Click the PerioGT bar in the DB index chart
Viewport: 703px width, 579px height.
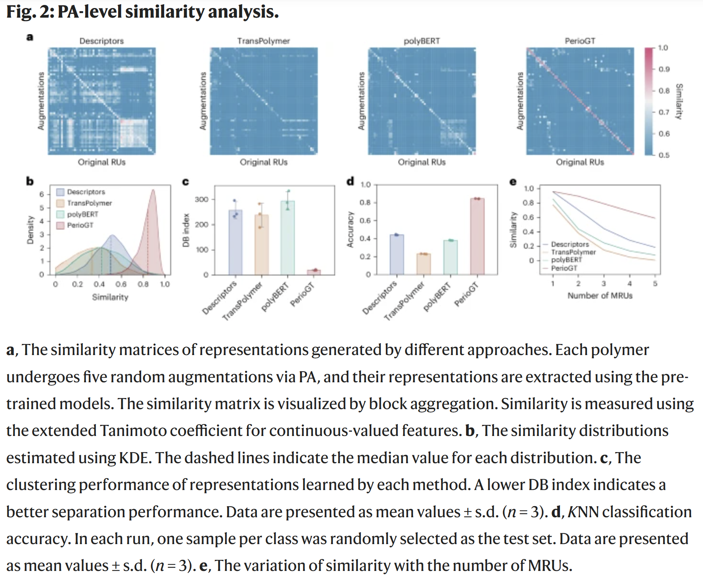[314, 272]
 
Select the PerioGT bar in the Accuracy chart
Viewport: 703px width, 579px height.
[477, 236]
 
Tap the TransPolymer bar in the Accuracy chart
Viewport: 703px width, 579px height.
[423, 264]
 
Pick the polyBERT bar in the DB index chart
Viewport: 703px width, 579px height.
[288, 238]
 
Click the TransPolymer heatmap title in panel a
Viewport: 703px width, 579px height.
[263, 41]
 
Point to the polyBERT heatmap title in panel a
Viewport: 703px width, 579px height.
[421, 41]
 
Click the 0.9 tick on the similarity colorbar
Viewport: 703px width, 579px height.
[664, 69]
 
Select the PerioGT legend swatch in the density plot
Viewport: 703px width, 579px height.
[60, 225]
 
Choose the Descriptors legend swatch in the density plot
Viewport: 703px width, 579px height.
[60, 192]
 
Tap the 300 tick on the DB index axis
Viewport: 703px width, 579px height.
[201, 199]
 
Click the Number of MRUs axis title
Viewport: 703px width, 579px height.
[600, 296]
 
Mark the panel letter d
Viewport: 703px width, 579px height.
[350, 181]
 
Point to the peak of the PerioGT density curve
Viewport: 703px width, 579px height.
[153, 190]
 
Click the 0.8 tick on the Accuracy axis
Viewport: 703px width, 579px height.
[365, 202]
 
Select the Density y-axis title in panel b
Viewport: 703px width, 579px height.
[30, 230]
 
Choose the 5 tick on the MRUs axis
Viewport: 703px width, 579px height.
[655, 284]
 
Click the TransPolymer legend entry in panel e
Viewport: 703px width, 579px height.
[573, 252]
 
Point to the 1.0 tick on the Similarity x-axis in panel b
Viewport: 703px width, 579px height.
[165, 284]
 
